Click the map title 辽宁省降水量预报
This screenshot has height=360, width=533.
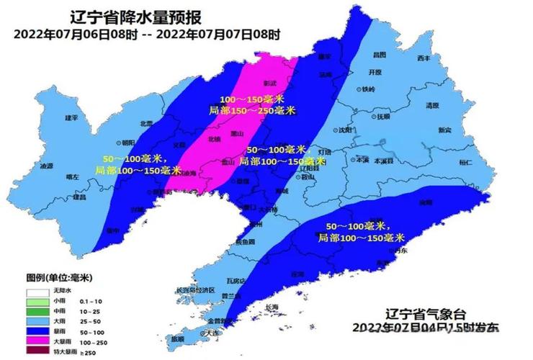(x=136, y=17)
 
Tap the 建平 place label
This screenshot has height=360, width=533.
(x=71, y=117)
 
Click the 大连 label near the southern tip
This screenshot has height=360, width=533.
(x=210, y=333)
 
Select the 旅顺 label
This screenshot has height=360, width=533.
(x=177, y=338)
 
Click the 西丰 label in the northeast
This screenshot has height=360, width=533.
(x=424, y=58)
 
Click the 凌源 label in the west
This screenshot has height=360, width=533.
(x=47, y=166)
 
